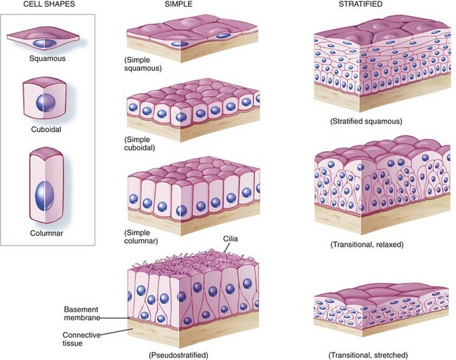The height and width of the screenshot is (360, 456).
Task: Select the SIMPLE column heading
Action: tap(181, 6)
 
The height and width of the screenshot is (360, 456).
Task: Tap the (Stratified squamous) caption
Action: tap(365, 121)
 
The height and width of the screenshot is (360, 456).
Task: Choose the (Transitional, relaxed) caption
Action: tap(366, 244)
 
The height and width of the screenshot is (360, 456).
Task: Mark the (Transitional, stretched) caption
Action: tap(367, 354)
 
